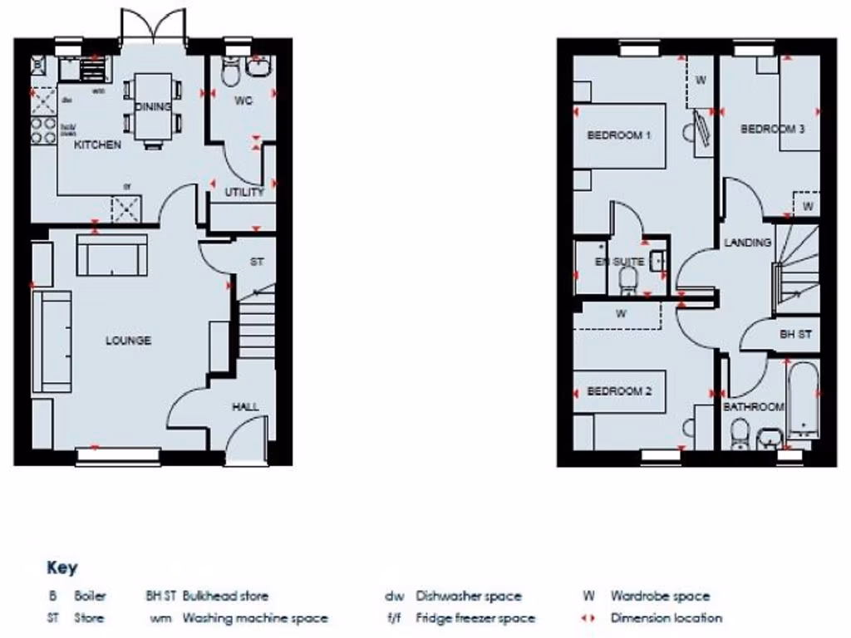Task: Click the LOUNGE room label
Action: coord(128,341)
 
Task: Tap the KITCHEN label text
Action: coord(98,145)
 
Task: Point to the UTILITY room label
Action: coord(244,192)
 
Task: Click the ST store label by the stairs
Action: coord(257,262)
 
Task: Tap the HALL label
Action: coord(245,406)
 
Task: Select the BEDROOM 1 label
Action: coord(619,135)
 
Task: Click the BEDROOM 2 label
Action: coord(619,391)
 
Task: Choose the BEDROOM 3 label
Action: coord(772,129)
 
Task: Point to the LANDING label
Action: coord(748,243)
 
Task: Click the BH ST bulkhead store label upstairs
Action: coord(795,334)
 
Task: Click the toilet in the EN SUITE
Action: coord(628,279)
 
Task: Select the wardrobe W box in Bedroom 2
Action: coord(620,314)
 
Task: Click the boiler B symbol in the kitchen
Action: coord(38,64)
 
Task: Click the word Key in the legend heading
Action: coord(61,568)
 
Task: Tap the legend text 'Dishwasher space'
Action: coord(469,596)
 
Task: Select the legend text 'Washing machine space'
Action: coord(255,618)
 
